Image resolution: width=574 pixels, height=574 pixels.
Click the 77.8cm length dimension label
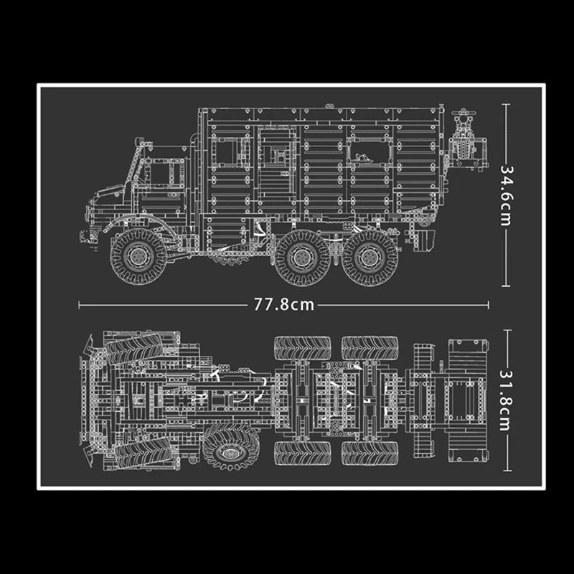coord(284,304)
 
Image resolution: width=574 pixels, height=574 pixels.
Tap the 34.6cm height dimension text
coord(508,192)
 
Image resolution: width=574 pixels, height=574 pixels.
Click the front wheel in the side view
coord(136,253)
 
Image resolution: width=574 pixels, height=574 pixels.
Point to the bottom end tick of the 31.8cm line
coord(508,477)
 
